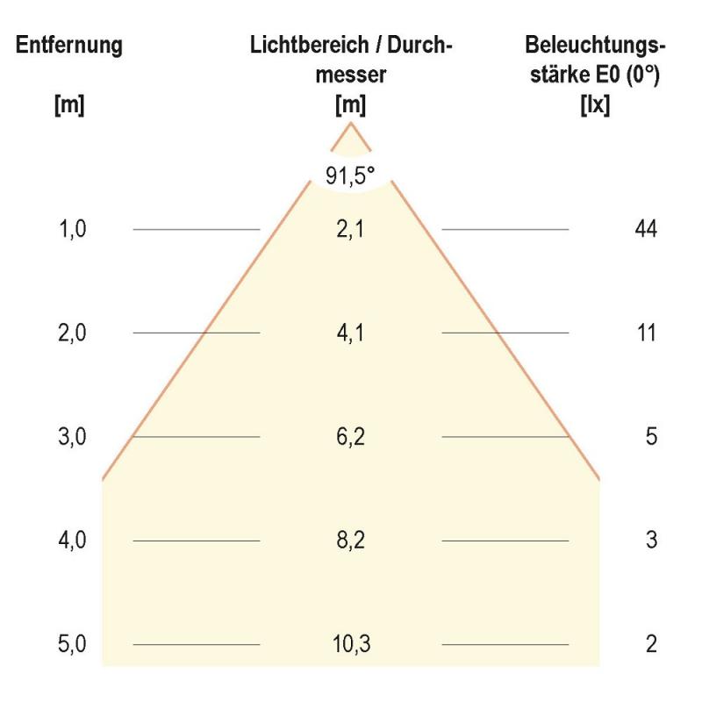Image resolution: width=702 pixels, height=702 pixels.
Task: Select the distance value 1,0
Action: pos(73,229)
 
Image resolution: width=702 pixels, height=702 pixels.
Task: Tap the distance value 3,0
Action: pos(73,437)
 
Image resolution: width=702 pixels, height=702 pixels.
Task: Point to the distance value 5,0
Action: pos(73,644)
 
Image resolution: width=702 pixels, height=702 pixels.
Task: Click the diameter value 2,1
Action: pos(350,229)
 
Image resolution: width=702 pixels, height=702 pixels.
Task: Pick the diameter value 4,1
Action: pos(350,333)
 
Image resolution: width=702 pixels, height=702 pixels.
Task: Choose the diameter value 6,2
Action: pos(350,437)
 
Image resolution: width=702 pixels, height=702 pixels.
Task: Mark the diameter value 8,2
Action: pos(350,541)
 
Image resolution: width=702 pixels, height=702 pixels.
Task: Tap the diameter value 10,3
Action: pos(350,644)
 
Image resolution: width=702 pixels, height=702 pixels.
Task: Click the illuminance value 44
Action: pos(646,229)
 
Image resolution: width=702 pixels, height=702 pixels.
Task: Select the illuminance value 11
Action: pos(646,333)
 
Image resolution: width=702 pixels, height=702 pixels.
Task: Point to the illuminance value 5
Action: pos(651,437)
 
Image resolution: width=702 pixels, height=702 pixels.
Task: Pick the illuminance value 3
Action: pos(651,541)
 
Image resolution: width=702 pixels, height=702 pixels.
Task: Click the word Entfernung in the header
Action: pos(69,46)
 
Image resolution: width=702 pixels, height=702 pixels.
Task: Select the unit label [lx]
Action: pos(595,105)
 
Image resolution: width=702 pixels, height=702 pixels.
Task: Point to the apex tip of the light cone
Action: pos(351,123)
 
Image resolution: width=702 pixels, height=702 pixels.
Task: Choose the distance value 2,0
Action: pos(73,333)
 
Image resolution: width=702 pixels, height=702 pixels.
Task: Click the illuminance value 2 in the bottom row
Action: pos(651,644)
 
